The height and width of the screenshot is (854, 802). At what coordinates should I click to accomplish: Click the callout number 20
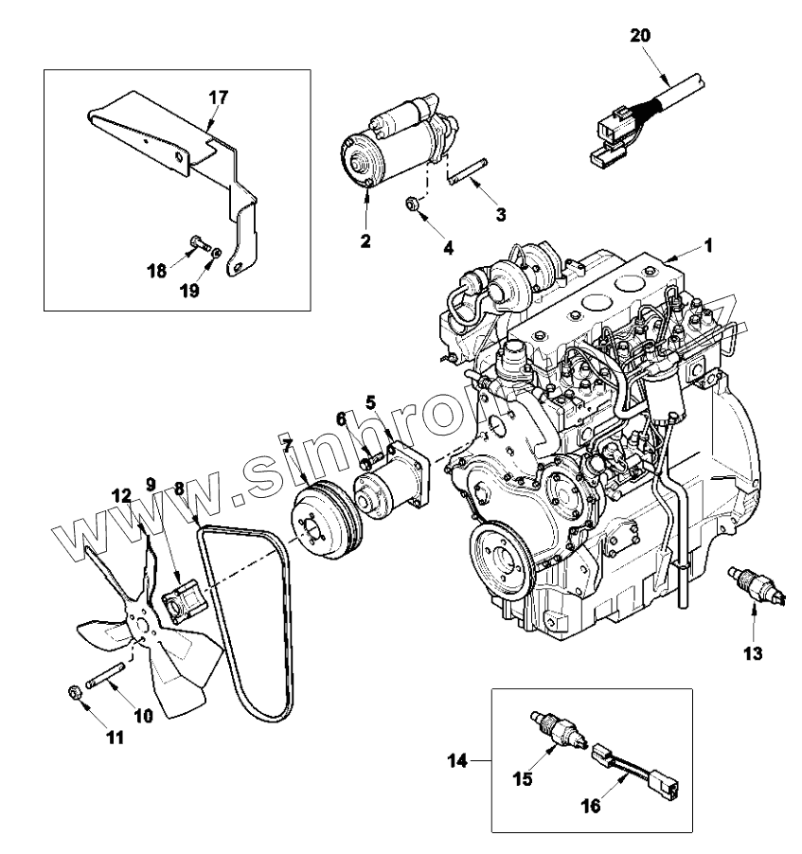point(641,35)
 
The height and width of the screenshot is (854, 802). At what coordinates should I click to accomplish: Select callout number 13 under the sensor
point(753,653)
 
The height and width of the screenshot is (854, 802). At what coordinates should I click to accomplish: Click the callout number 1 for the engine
point(707,243)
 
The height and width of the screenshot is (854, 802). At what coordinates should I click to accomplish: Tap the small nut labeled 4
point(413,204)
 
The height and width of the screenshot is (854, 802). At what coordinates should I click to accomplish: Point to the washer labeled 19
point(218,253)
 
